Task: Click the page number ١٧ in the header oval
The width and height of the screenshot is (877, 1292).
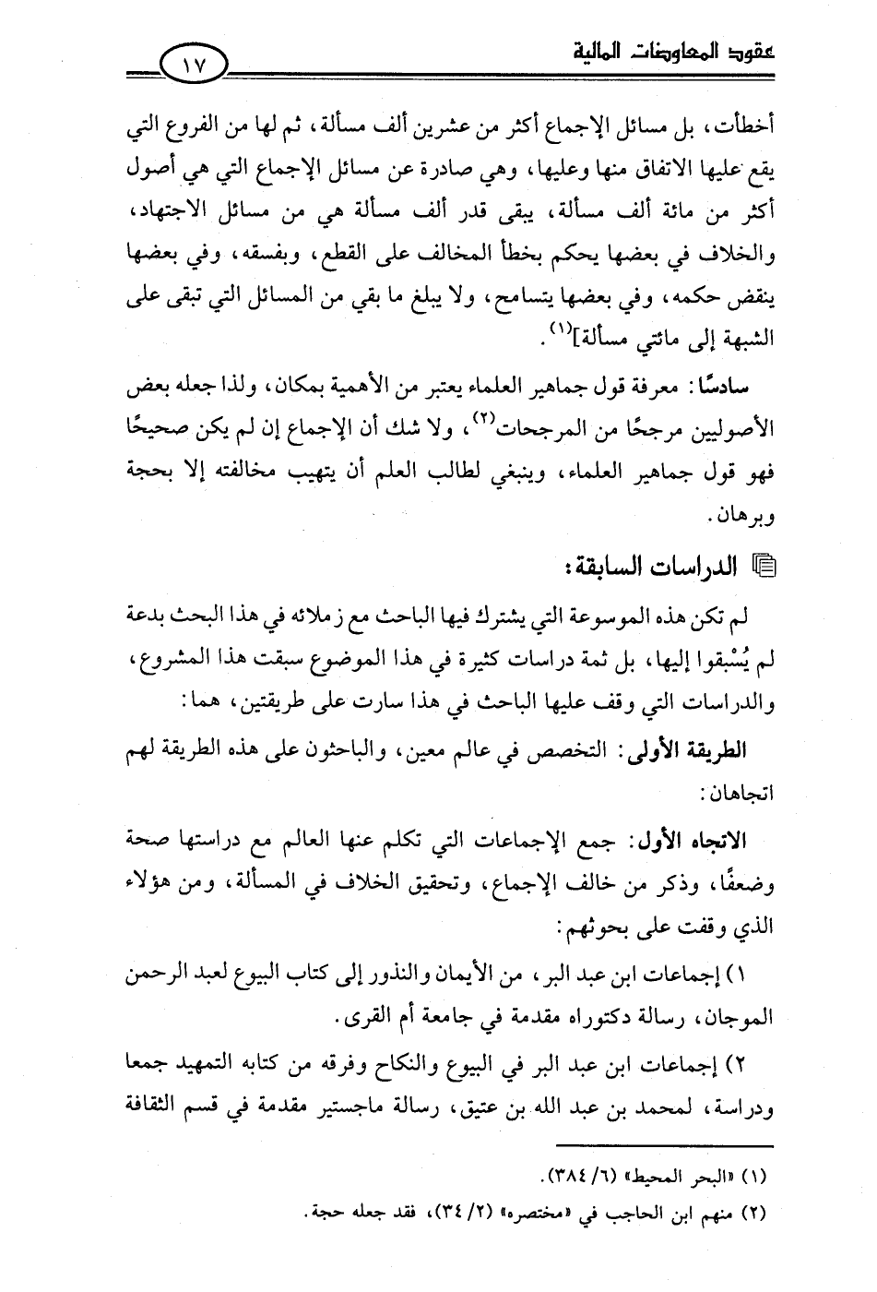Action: pyautogui.click(x=196, y=67)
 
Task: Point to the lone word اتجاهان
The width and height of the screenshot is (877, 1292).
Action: pyautogui.click(x=738, y=793)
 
